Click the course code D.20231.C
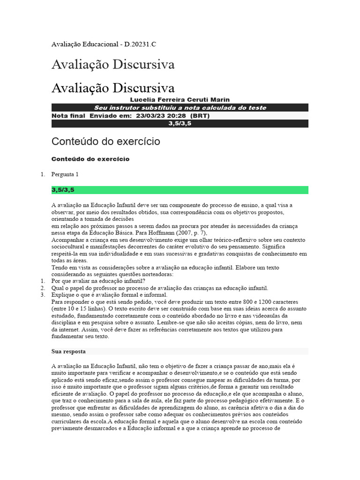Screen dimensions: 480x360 pyautogui.click(x=139, y=45)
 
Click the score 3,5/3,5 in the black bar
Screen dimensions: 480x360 pyautogui.click(x=180, y=124)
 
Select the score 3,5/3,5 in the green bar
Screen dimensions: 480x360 pyautogui.click(x=63, y=190)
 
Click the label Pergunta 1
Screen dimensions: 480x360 pyautogui.click(x=65, y=174)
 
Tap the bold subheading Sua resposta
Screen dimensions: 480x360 pyautogui.click(x=68, y=351)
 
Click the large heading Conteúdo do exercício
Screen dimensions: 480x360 pyautogui.click(x=105, y=141)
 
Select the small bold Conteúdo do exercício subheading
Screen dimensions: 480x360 pyautogui.click(x=90, y=159)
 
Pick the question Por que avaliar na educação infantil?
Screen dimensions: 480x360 pyautogui.click(x=98, y=281)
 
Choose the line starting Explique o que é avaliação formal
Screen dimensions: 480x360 pyautogui.click(x=109, y=295)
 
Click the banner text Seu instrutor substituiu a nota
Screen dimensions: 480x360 pyautogui.click(x=180, y=108)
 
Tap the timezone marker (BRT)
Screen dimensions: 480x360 pyautogui.click(x=201, y=116)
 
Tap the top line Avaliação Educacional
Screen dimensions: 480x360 pyautogui.click(x=84, y=45)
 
